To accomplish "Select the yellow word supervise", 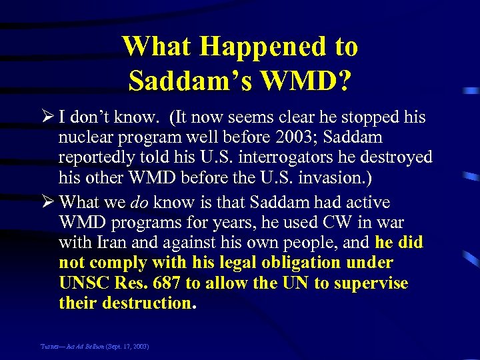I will (x=371, y=283).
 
